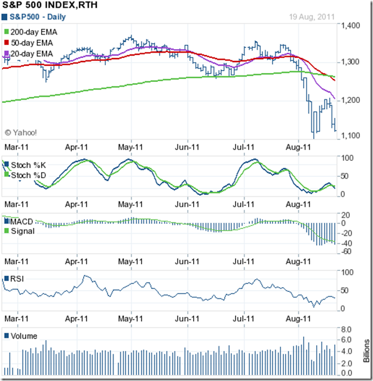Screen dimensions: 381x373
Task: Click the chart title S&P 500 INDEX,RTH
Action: [50, 6]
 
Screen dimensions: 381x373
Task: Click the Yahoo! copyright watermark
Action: [21, 133]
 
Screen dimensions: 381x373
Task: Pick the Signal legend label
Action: [23, 231]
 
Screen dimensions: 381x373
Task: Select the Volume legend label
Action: [23, 336]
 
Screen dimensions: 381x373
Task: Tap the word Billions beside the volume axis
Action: [366, 351]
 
